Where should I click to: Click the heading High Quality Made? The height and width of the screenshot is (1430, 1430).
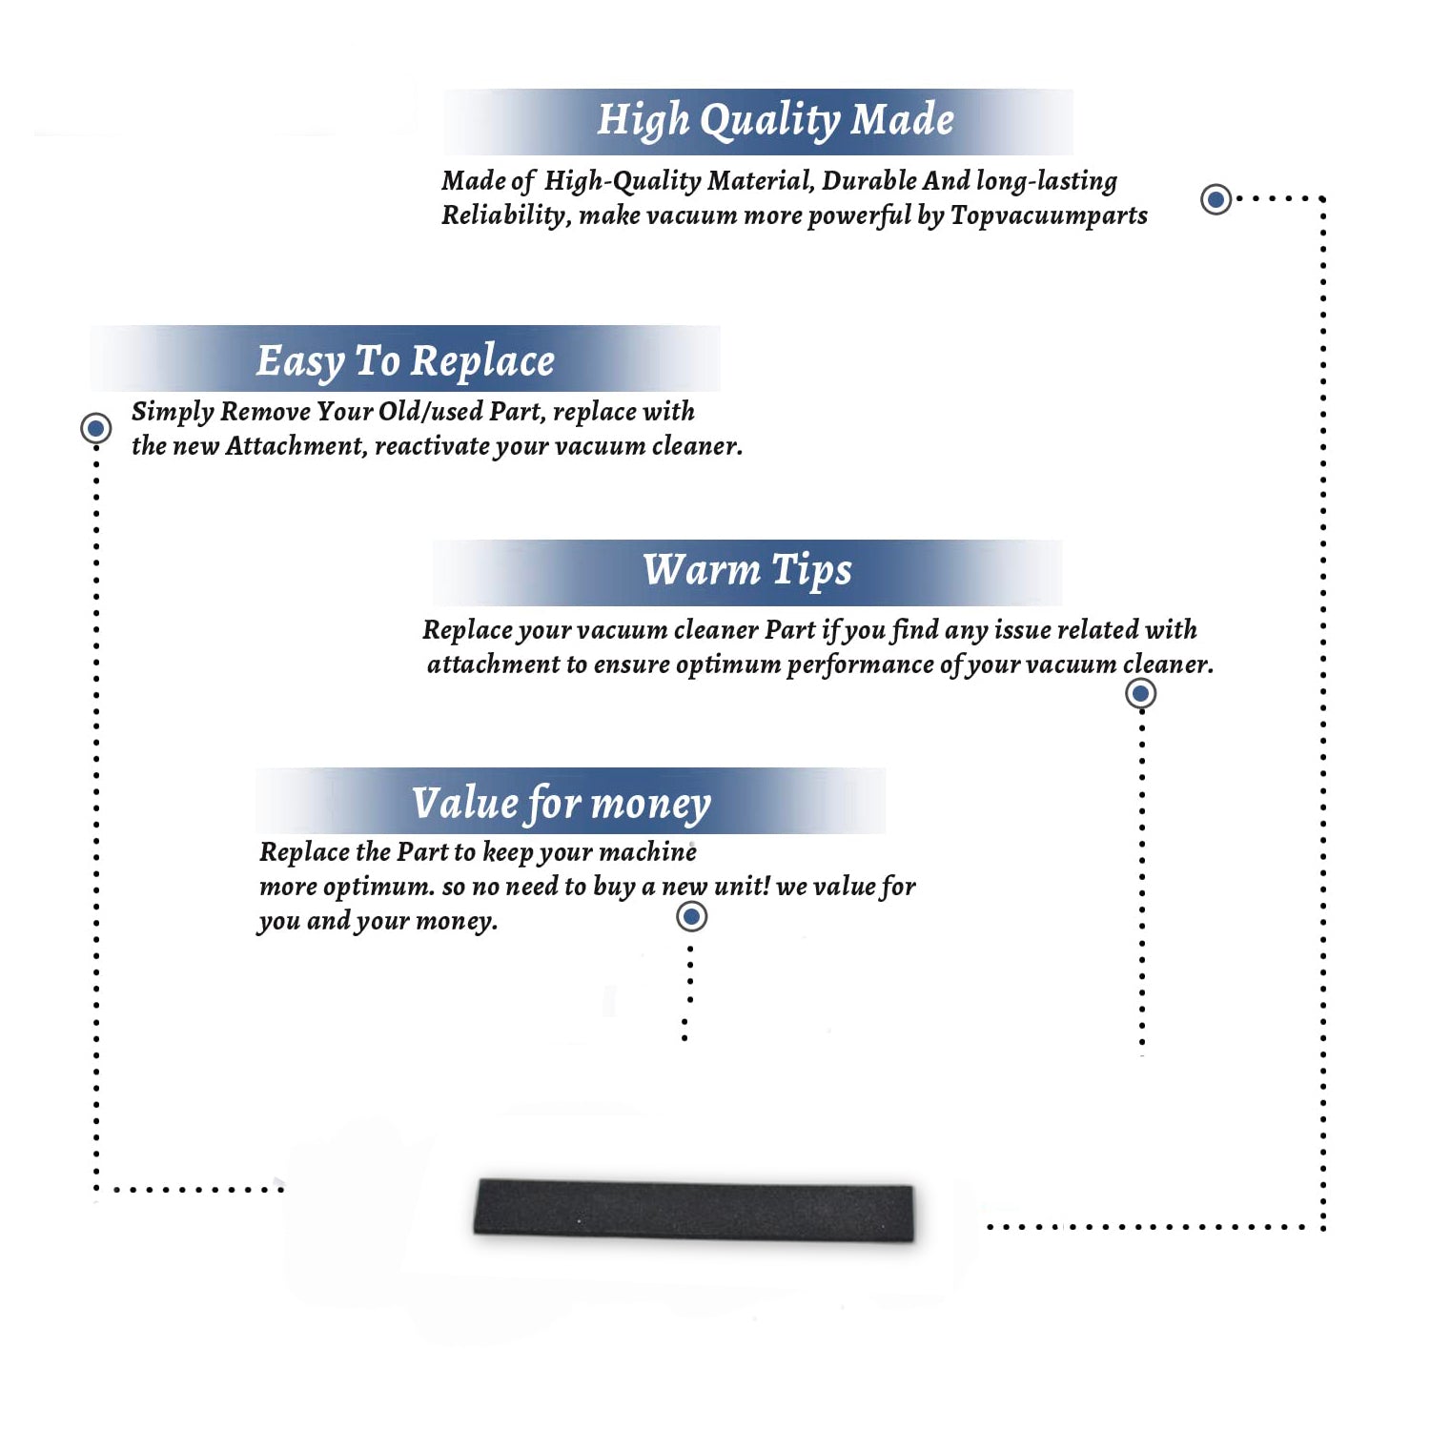(x=775, y=121)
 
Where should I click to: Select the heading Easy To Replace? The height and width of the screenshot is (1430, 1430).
(x=405, y=362)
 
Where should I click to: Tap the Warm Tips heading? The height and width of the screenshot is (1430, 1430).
(x=747, y=570)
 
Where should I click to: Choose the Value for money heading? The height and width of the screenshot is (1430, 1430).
(x=562, y=804)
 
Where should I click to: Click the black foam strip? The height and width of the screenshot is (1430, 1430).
(x=694, y=1210)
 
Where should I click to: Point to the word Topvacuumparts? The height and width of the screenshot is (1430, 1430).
(x=1049, y=215)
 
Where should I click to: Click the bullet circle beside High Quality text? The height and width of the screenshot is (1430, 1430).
(x=1215, y=199)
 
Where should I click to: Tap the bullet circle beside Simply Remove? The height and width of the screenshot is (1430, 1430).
(x=95, y=428)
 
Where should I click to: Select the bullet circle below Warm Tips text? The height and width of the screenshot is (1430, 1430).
(x=1140, y=693)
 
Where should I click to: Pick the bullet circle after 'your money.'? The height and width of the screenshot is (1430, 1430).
(x=691, y=917)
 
